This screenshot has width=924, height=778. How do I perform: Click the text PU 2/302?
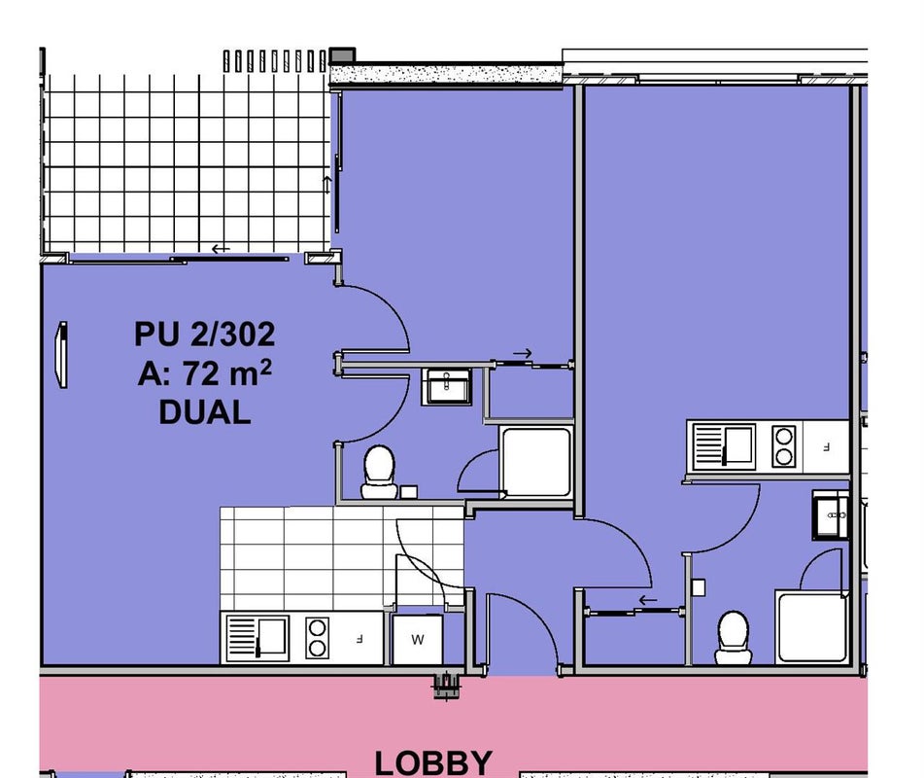[204, 335]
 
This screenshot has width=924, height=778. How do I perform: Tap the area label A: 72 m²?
[204, 372]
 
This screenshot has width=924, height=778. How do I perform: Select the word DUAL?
[204, 412]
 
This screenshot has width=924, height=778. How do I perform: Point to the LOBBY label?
[433, 762]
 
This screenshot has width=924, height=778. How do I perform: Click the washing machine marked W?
[417, 639]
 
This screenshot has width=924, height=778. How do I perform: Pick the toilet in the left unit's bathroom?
[379, 473]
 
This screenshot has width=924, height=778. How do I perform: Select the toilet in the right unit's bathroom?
[733, 638]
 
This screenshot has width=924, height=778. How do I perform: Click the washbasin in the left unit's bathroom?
[447, 386]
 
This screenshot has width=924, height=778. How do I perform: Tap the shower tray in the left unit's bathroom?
[535, 462]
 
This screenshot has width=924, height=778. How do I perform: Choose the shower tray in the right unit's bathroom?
[812, 626]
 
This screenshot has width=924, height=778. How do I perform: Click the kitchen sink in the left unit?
[257, 638]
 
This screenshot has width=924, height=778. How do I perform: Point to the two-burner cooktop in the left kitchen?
[317, 638]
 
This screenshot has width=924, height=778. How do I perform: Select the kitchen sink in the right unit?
[724, 446]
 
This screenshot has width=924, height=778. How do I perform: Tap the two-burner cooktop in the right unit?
[784, 446]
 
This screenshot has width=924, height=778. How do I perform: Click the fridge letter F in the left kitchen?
[359, 639]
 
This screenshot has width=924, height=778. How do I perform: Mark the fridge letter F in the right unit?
[826, 447]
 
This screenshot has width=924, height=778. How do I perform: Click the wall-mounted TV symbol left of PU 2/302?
[60, 355]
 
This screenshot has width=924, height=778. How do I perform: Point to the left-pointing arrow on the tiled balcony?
[221, 249]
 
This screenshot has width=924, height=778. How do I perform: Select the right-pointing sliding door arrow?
[522, 353]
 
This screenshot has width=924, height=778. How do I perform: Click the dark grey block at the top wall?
[342, 56]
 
